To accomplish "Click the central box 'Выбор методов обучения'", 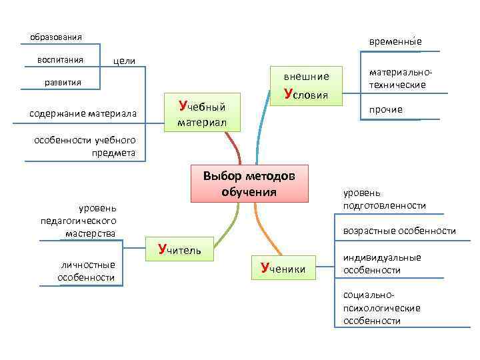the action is [249, 183].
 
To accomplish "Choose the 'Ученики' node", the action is [283, 268].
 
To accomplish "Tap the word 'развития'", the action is [63, 83].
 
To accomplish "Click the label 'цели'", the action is [125, 61].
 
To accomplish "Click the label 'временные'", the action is [395, 41].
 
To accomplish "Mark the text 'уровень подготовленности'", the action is [384, 199].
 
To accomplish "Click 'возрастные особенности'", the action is [399, 231].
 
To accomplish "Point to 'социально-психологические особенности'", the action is [381, 308].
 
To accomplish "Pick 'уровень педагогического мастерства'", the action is [87, 221].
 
